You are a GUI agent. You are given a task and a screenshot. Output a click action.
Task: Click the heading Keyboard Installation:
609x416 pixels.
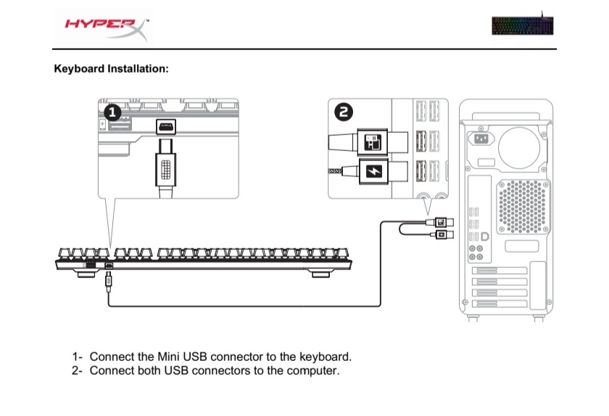[111, 69]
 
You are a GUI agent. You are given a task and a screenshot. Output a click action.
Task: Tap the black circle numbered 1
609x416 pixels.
[112, 113]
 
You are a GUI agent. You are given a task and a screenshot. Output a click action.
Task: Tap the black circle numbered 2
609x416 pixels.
[344, 113]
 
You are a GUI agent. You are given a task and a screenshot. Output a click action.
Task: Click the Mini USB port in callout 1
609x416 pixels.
[166, 126]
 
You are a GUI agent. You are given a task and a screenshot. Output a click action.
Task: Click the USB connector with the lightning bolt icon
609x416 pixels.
[373, 171]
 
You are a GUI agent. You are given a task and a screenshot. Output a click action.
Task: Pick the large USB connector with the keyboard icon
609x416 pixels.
[373, 142]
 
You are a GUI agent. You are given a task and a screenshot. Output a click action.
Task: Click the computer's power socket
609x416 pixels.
[481, 138]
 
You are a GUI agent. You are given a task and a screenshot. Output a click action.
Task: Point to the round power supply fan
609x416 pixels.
[519, 147]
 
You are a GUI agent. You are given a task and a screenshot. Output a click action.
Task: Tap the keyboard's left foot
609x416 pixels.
[89, 274]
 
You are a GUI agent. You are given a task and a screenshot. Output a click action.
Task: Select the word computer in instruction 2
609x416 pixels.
[313, 370]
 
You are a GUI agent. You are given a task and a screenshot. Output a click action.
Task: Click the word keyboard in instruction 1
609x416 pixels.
[326, 356]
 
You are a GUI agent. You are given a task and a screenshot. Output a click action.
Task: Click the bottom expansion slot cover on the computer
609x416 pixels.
[500, 303]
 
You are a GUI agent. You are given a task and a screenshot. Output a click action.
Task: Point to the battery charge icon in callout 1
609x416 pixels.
[102, 124]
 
